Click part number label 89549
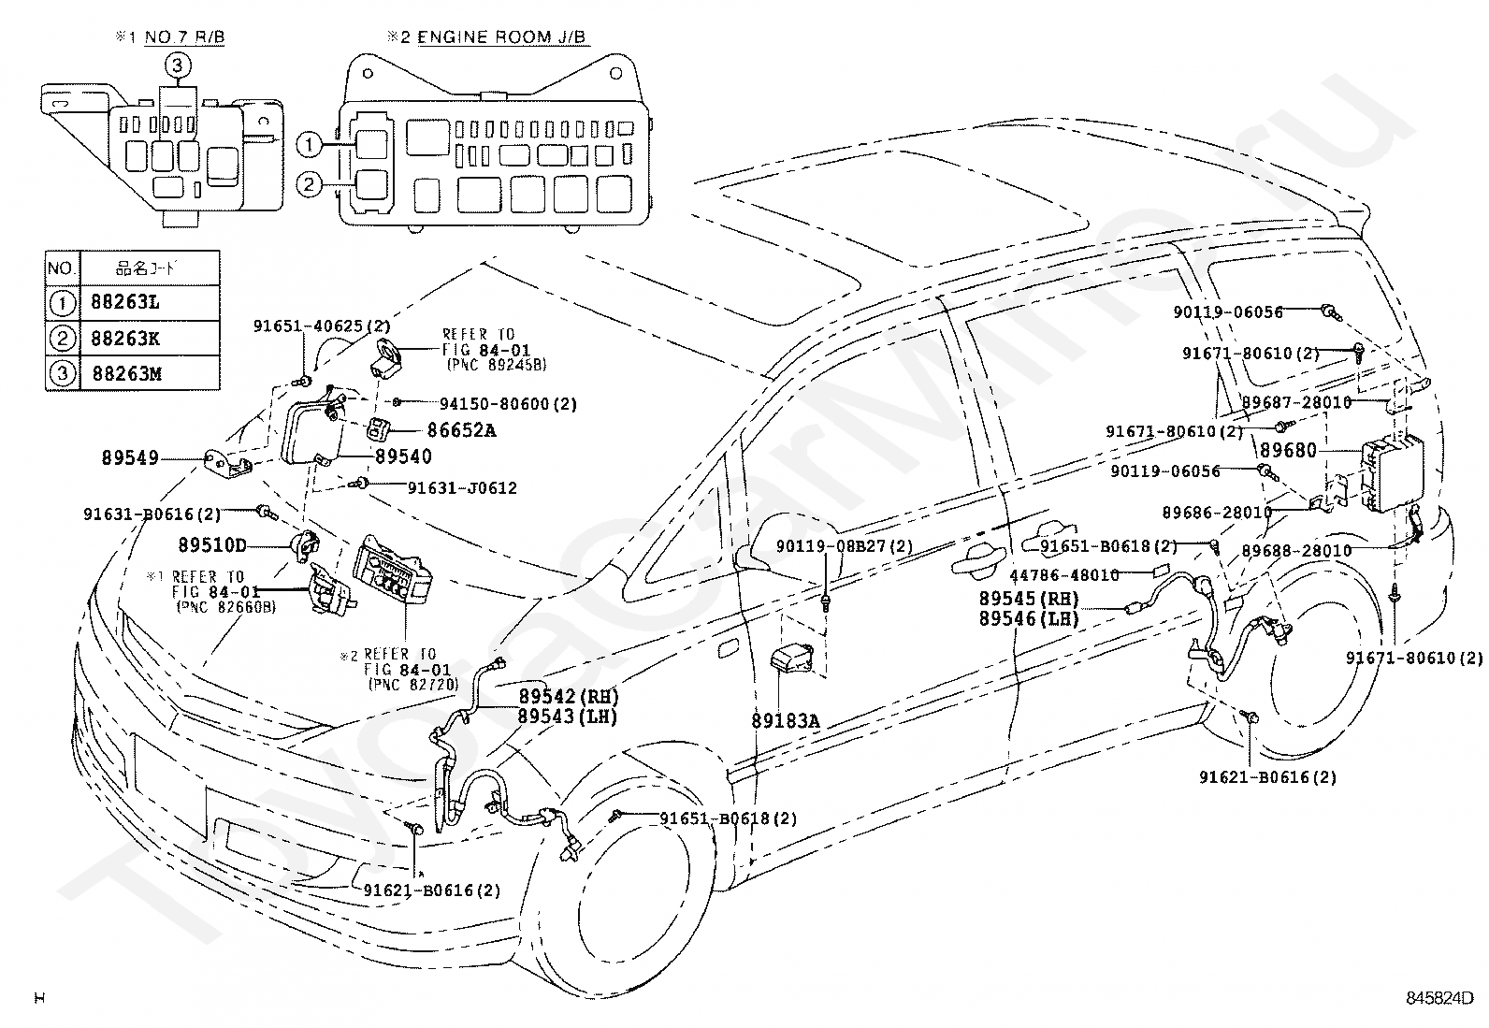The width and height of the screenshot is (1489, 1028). [130, 458]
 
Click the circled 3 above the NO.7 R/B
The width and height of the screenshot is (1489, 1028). [177, 65]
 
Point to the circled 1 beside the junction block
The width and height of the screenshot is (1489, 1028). [309, 145]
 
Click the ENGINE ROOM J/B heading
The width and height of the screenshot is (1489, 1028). [502, 36]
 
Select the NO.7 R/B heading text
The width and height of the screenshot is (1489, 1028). [184, 36]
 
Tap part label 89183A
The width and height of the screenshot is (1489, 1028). [785, 721]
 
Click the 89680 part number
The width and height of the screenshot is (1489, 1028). [1288, 451]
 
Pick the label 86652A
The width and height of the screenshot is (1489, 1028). [461, 431]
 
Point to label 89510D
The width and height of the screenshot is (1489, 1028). [212, 545]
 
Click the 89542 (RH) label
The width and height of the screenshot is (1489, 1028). [569, 696]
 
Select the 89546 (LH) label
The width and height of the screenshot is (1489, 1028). [1029, 618]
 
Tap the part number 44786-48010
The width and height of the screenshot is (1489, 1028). [1064, 575]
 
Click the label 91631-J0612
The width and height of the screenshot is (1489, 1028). [462, 488]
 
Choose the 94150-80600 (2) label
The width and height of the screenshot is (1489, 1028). [509, 404]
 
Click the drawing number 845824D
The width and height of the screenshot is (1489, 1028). [1439, 998]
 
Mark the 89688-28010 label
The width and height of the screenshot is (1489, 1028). [1297, 551]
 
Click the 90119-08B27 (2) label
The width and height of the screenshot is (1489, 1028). [845, 546]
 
